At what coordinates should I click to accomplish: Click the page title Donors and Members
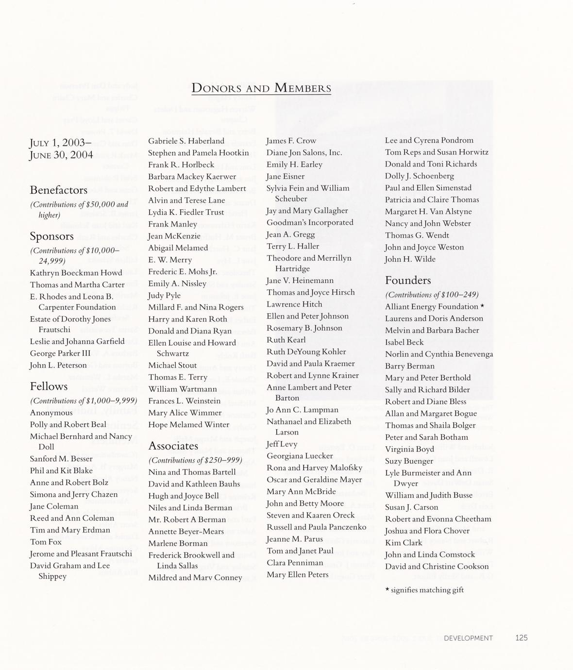pos(261,88)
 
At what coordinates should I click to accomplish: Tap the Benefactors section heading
pos(59,190)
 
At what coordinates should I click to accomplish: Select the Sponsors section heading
pos(52,236)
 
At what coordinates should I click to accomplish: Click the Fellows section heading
pos(49,386)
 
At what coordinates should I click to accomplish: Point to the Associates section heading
pos(173,446)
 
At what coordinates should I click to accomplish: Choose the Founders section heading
pos(408,280)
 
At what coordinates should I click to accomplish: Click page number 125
pos(521,638)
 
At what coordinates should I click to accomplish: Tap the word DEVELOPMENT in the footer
pos(468,638)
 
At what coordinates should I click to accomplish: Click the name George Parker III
pos(60,353)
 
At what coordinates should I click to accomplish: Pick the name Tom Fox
pos(46,542)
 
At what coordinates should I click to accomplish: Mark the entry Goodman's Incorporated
pos(310,222)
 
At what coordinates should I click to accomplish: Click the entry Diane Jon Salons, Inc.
pos(304,152)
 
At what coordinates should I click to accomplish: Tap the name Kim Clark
pos(404,543)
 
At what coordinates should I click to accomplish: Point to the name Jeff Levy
pos(282,444)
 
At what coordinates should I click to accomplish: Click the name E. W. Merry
pos(170,260)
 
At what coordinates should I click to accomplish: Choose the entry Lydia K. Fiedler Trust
pos(186,212)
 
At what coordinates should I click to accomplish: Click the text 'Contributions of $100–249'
pos(432,295)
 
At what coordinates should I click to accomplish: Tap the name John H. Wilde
pos(410,259)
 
